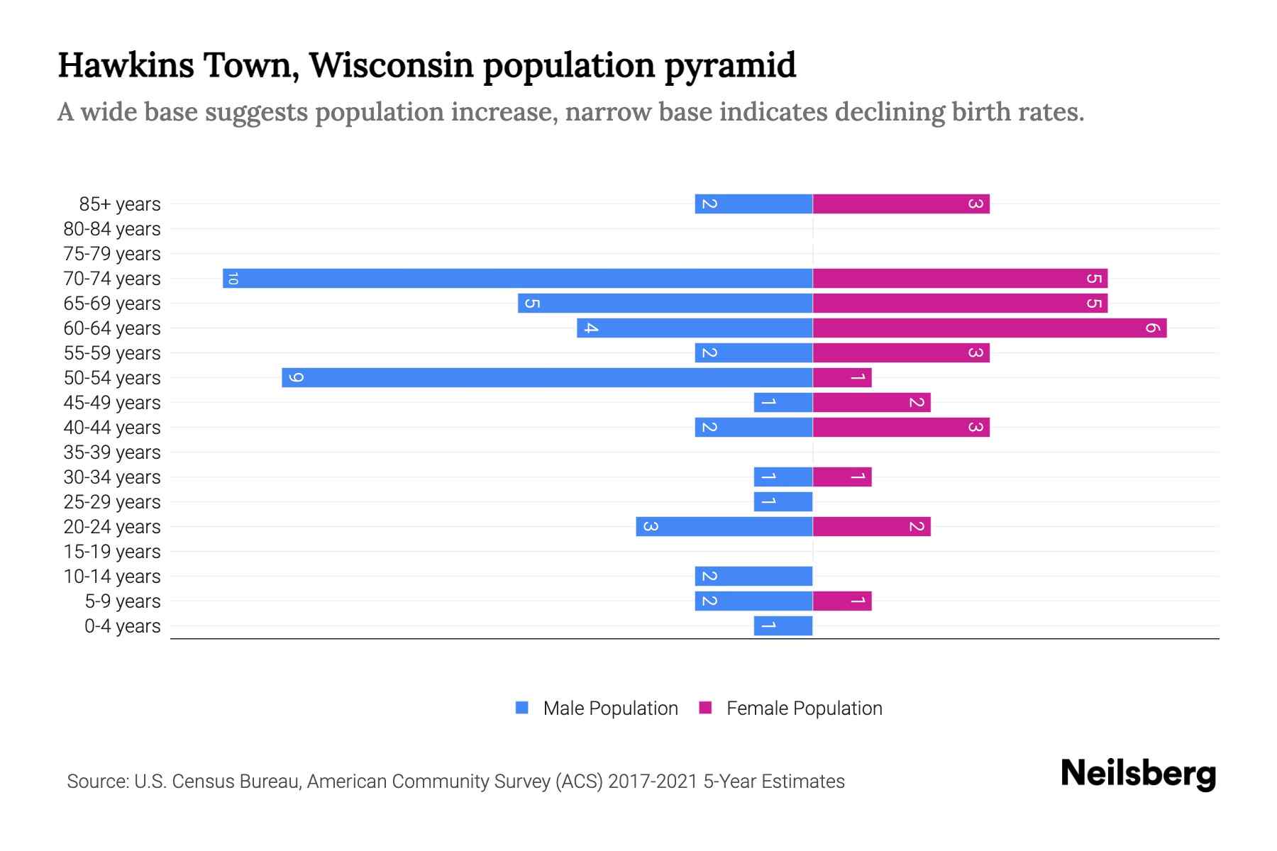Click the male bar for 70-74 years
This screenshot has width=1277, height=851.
518,278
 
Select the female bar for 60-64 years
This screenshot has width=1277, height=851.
989,328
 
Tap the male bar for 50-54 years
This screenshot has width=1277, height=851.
546,377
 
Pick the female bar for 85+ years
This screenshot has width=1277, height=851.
901,204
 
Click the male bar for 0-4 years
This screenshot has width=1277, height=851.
783,625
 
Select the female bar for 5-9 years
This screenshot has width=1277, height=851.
841,601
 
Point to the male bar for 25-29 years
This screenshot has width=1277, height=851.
783,501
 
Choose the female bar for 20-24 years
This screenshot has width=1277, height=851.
871,526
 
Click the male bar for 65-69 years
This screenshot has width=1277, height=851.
665,303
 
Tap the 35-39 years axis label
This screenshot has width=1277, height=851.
112,452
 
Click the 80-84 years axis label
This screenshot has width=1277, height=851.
112,228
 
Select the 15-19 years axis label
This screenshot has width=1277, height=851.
112,551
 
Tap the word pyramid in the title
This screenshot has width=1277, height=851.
730,65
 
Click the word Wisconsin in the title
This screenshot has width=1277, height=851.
392,65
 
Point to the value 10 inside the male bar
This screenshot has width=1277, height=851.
233,278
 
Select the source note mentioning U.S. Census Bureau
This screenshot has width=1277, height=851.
455,781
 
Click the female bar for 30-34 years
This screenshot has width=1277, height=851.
841,477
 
